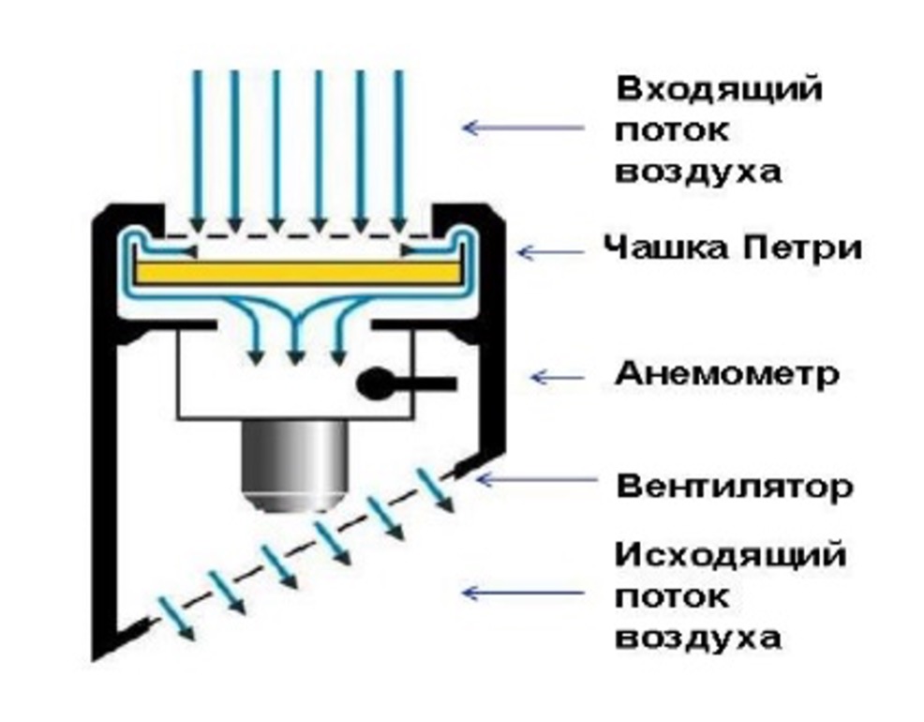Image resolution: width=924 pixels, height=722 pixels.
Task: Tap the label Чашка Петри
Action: [x=732, y=248]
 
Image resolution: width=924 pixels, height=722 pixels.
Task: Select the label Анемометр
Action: [x=726, y=375]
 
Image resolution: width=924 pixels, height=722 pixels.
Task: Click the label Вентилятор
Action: [x=734, y=488]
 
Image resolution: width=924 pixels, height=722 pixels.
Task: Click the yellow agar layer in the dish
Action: [x=299, y=271]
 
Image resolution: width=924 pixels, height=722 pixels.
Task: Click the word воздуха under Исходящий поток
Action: [x=697, y=638]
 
